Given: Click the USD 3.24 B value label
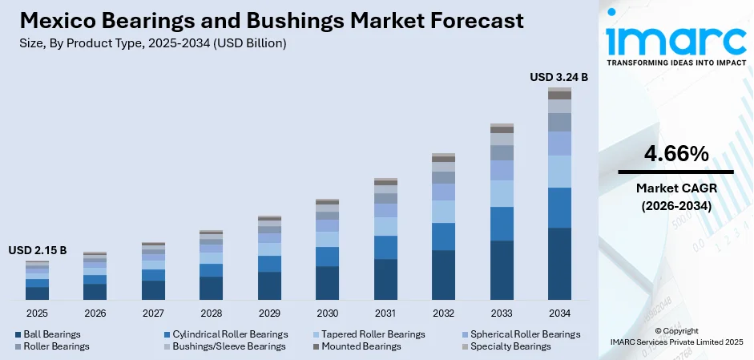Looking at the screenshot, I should pos(559,77).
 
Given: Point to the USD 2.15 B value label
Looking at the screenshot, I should pos(38,251).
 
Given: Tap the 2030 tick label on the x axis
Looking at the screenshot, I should pos(327,313).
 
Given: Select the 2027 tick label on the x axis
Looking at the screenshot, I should pos(153,313).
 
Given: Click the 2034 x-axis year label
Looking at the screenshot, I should pos(559,313).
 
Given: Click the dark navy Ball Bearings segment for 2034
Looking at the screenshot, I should pos(559,264).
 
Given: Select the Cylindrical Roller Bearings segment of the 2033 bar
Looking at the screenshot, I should pos(502,224).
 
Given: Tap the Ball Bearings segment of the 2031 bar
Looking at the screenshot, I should pos(385,279).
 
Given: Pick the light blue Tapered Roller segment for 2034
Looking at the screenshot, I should pos(559,172).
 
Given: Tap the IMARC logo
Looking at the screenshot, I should pos(675,40).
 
